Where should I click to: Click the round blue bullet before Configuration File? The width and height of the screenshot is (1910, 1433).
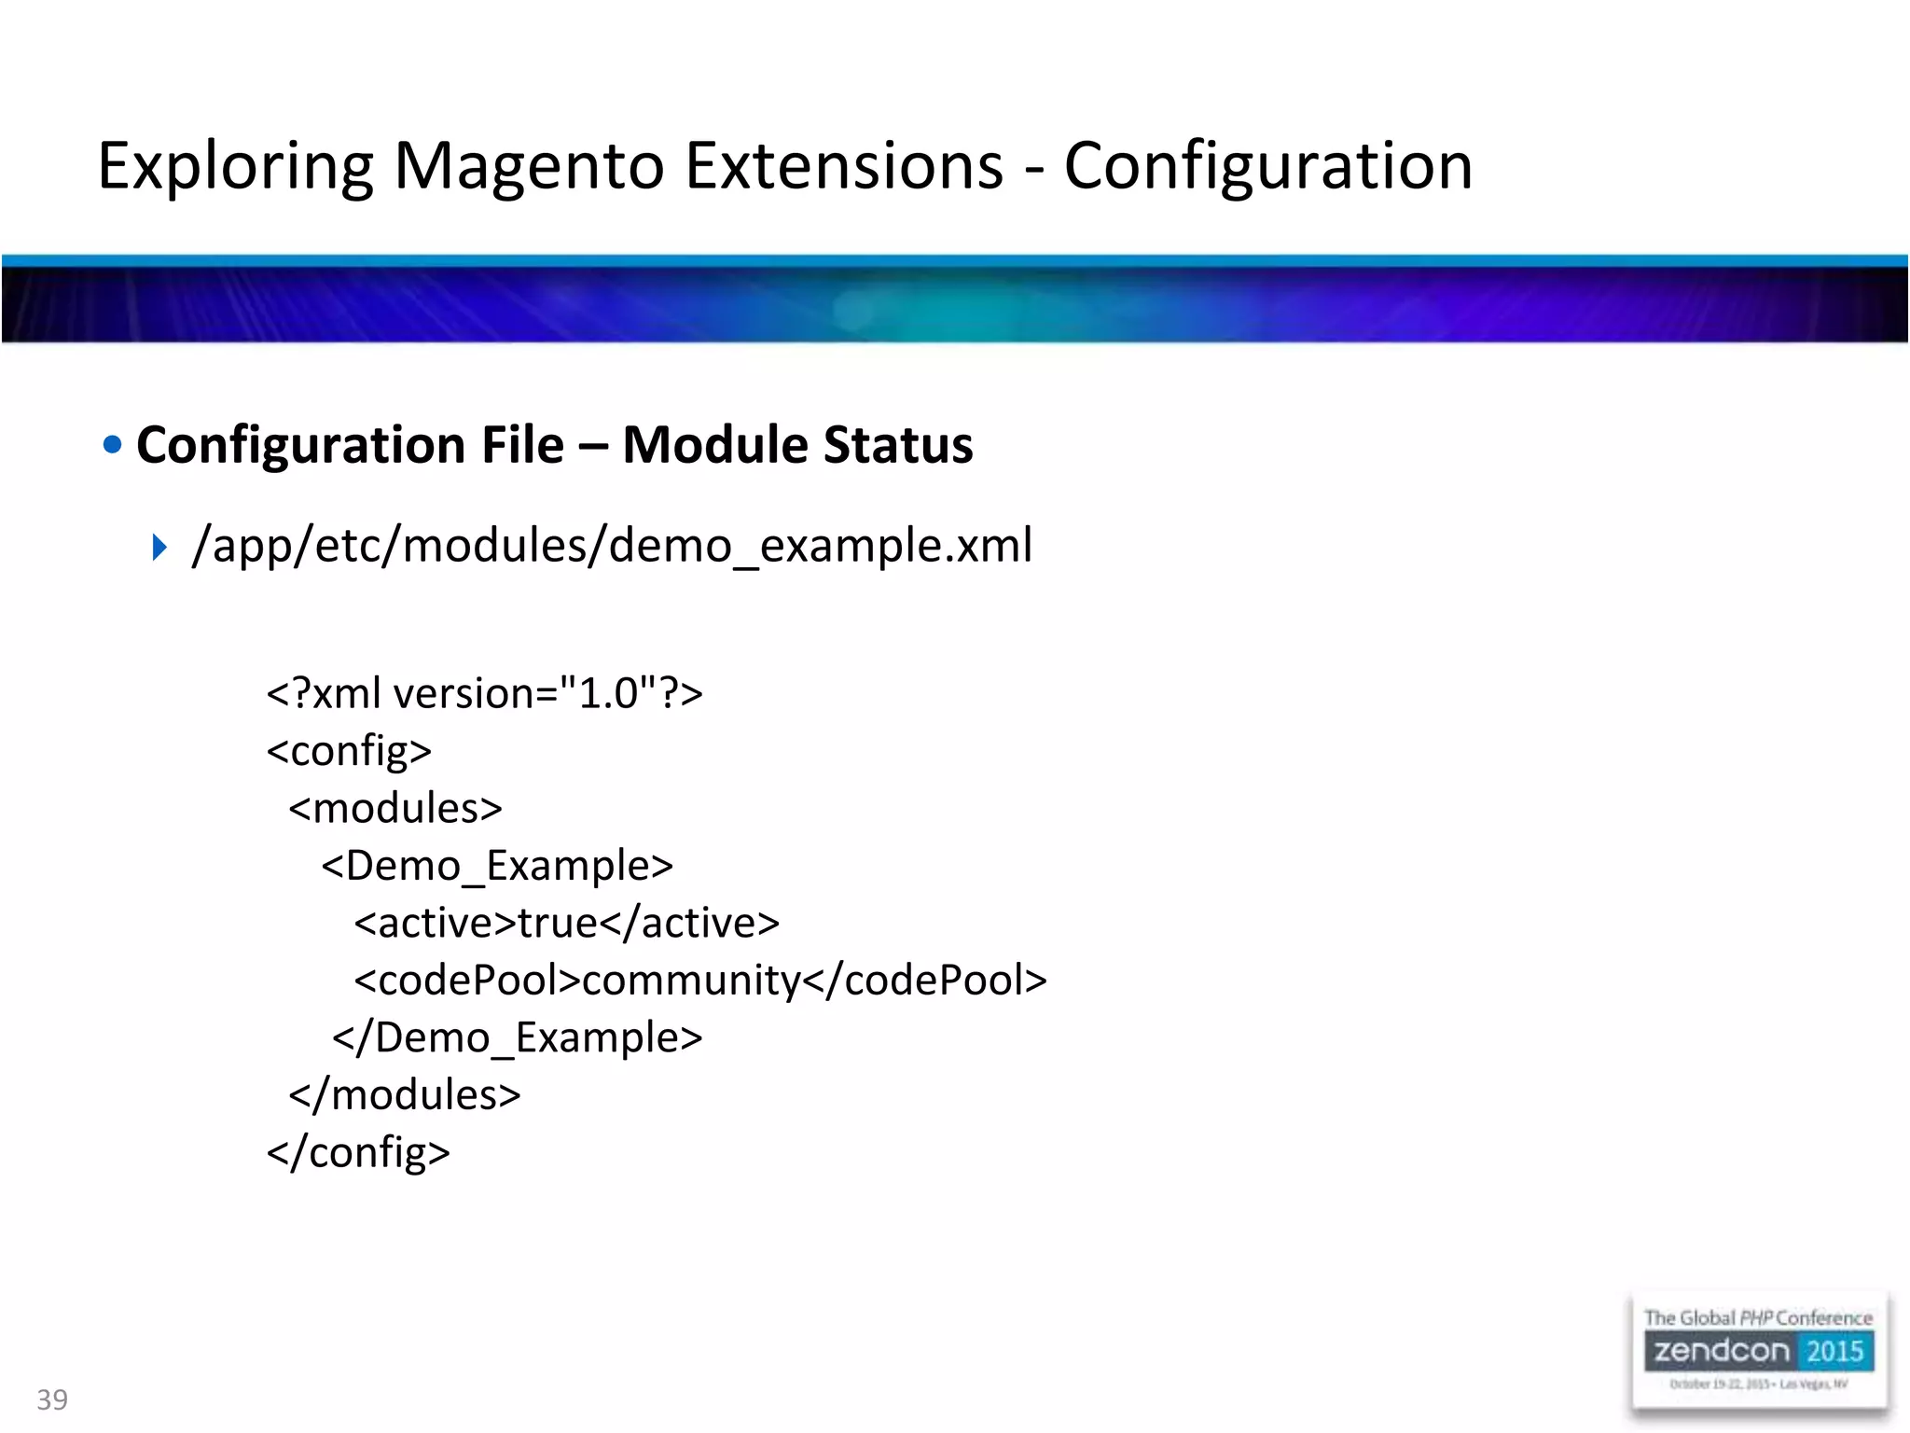(x=113, y=445)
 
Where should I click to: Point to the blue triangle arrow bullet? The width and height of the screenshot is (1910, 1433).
(x=159, y=548)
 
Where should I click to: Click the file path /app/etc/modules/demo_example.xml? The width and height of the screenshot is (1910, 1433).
(x=612, y=546)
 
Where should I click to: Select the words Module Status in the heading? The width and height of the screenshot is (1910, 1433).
(x=797, y=445)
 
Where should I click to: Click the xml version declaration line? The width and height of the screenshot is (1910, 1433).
(x=484, y=694)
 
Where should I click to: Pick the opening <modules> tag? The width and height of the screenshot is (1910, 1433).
(x=395, y=809)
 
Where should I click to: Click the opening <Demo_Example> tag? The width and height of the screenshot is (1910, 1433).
(x=497, y=867)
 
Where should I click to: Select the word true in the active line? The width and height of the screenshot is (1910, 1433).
(x=558, y=924)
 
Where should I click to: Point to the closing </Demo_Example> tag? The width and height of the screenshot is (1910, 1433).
(x=518, y=1038)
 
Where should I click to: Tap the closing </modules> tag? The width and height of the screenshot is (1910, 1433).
(x=405, y=1095)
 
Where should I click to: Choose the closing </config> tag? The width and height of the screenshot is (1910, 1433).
(x=358, y=1153)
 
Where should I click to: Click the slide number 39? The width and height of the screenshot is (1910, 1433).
(x=52, y=1399)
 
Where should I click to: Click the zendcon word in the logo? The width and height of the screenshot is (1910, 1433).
(x=1722, y=1351)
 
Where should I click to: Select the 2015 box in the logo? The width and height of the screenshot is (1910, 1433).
(x=1834, y=1351)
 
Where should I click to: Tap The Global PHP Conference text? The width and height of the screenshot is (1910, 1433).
(x=1758, y=1318)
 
